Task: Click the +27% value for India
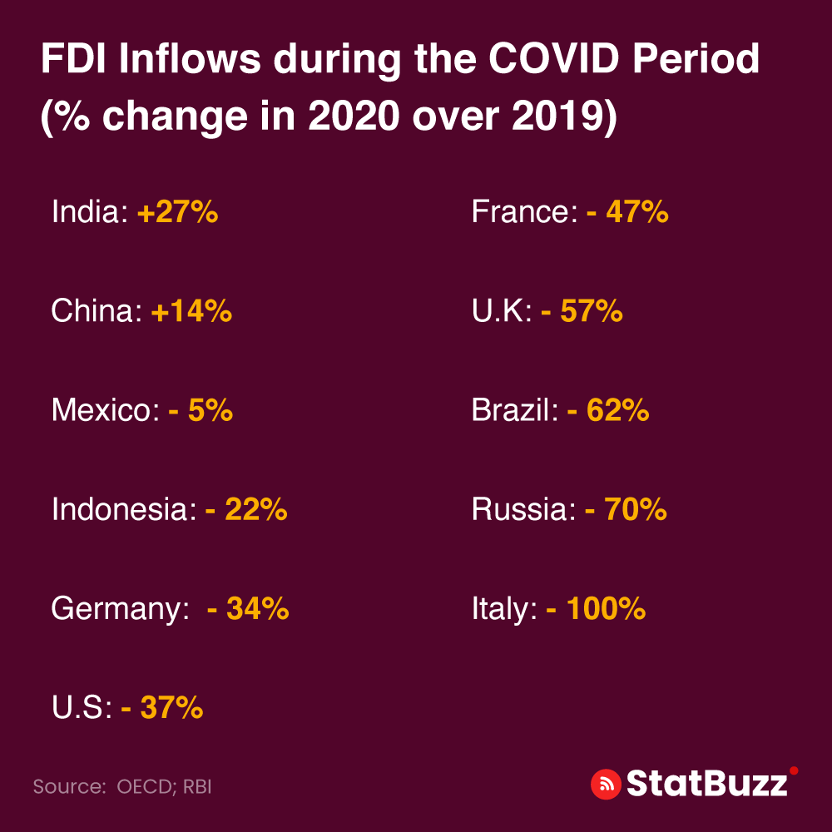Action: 177,212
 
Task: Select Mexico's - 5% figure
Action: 200,410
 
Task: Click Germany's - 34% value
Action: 247,609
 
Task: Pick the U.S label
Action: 81,708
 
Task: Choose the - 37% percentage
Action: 162,708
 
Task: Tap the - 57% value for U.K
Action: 582,311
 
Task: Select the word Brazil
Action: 514,410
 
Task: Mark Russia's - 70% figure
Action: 626,509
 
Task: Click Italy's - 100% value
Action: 596,609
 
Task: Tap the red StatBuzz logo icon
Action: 606,784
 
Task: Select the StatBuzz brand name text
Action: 706,784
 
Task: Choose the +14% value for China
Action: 191,311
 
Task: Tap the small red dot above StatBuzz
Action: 794,770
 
